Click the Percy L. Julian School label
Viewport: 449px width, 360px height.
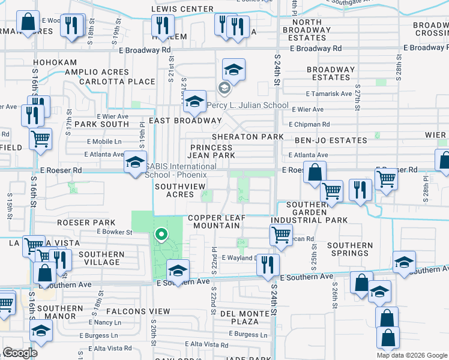247,106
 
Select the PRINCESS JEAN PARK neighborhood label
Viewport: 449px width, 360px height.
212,151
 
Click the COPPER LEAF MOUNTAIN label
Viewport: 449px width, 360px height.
213,221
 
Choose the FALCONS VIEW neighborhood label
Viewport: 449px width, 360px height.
138,311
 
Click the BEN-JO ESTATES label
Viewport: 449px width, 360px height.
330,140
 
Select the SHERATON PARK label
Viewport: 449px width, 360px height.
247,137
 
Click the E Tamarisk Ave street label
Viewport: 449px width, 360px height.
328,94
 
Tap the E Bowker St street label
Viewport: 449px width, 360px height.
113,232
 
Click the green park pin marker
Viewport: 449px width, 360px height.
160,235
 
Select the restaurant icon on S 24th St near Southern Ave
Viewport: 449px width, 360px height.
268,264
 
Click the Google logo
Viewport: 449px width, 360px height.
20,353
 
